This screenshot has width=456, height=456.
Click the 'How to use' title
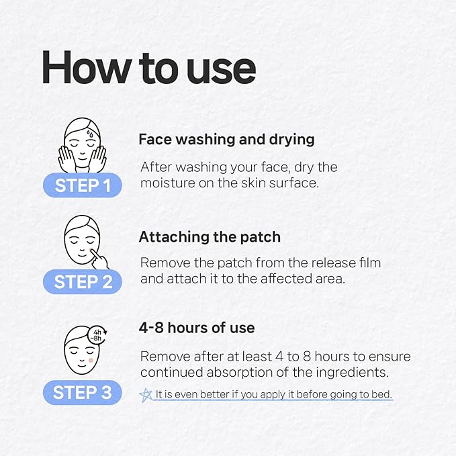(x=149, y=68)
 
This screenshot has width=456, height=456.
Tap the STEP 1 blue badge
(x=83, y=185)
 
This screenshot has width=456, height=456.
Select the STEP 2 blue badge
(x=83, y=282)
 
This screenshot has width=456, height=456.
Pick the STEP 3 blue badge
(x=83, y=392)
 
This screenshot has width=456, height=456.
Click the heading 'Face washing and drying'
(x=226, y=140)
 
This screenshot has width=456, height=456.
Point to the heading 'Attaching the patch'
(x=210, y=237)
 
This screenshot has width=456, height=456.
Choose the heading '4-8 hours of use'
(x=197, y=328)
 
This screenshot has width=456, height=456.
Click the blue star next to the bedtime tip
(x=146, y=395)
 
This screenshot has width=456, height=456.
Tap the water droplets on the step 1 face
(x=90, y=134)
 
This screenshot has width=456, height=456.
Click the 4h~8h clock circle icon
(x=97, y=335)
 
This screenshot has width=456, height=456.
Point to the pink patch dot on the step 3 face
(x=91, y=361)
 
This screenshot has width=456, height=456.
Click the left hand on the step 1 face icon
(x=66, y=158)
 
